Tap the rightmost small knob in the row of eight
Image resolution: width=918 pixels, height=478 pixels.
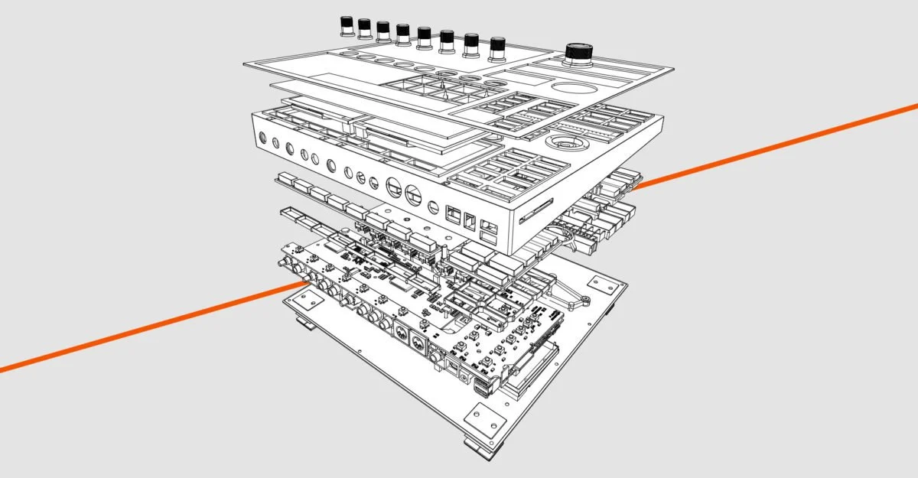click(498, 48)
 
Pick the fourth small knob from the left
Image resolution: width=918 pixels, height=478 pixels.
click(403, 34)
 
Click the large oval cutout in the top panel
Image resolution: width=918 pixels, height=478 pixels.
click(571, 88)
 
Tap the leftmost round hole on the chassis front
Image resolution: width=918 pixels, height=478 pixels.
click(262, 140)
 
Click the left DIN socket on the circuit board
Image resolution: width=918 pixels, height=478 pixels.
click(400, 330)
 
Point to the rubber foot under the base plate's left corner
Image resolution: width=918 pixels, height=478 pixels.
click(304, 324)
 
